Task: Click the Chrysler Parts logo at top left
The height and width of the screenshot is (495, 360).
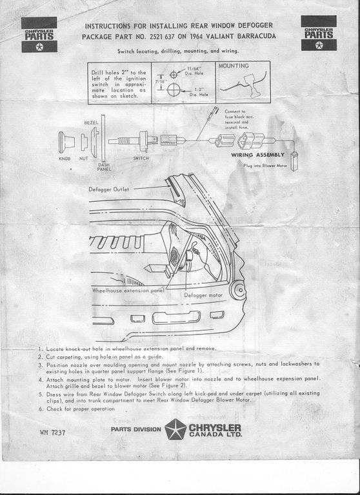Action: pos(39,35)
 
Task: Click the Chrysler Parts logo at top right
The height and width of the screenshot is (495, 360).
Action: pos(318,34)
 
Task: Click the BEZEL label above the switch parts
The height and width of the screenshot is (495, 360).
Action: pos(91,122)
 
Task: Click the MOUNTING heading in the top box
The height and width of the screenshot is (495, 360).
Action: pos(232,66)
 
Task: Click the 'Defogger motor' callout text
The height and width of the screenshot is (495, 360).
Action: pos(205,295)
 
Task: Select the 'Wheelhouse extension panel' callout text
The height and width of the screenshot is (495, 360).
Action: pos(127,291)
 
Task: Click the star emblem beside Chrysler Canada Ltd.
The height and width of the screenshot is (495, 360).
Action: pos(175,429)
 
